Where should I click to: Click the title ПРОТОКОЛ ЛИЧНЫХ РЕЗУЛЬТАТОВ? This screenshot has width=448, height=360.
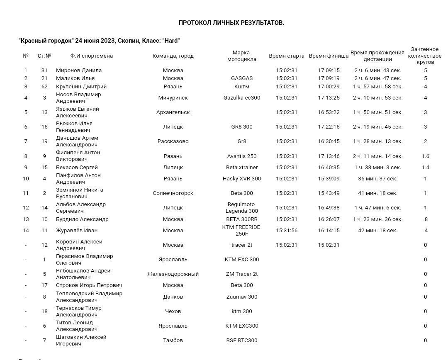click(x=231, y=23)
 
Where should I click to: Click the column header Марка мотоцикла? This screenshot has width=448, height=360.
click(x=241, y=56)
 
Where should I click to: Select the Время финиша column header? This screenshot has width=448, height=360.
click(x=329, y=56)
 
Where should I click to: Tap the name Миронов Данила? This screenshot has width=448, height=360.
click(x=79, y=71)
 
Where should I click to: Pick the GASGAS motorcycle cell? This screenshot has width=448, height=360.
click(x=242, y=78)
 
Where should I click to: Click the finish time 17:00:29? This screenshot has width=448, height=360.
click(x=329, y=87)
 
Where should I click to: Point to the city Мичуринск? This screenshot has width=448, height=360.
click(x=173, y=98)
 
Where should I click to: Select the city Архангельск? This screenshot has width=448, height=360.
click(x=173, y=112)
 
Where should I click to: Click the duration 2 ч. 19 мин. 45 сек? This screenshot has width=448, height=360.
click(x=377, y=127)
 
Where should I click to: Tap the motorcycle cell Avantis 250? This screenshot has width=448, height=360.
click(x=242, y=156)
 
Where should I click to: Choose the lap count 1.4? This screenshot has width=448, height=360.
click(x=425, y=168)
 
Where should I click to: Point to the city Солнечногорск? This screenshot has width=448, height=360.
click(x=173, y=193)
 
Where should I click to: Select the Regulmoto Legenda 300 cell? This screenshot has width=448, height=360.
click(x=242, y=208)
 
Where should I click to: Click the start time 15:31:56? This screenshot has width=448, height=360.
click(x=287, y=231)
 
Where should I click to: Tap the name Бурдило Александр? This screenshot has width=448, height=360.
click(x=82, y=219)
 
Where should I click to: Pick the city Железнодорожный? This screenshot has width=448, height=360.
click(x=173, y=274)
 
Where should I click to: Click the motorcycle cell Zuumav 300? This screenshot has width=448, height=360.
click(x=242, y=297)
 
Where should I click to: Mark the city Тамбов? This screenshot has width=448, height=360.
click(x=173, y=341)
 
